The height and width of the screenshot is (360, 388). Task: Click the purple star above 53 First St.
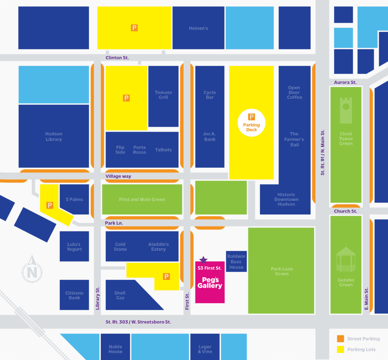[203, 260]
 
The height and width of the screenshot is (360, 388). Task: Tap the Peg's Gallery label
[210, 283]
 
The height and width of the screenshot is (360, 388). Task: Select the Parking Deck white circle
[252, 123]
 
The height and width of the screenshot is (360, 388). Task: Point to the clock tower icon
[346, 110]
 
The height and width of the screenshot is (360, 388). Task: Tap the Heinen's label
[199, 28]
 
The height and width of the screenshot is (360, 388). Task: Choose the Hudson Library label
[54, 137]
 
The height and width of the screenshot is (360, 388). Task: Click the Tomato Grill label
[163, 95]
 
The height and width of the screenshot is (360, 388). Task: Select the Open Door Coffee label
[294, 93]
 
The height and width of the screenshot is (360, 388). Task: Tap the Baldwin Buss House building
[236, 261]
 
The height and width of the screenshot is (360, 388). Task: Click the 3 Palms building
[74, 199]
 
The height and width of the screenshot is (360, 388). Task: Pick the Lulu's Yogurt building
[74, 247]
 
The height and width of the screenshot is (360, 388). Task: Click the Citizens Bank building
[74, 295]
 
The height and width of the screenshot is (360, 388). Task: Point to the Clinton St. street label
[117, 58]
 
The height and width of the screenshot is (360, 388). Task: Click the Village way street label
[119, 176]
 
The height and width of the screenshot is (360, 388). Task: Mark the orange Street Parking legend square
[341, 339]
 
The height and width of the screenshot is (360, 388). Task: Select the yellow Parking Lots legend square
[341, 349]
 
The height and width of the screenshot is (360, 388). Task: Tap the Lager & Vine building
[205, 349]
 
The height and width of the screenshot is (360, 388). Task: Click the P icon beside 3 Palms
[50, 205]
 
